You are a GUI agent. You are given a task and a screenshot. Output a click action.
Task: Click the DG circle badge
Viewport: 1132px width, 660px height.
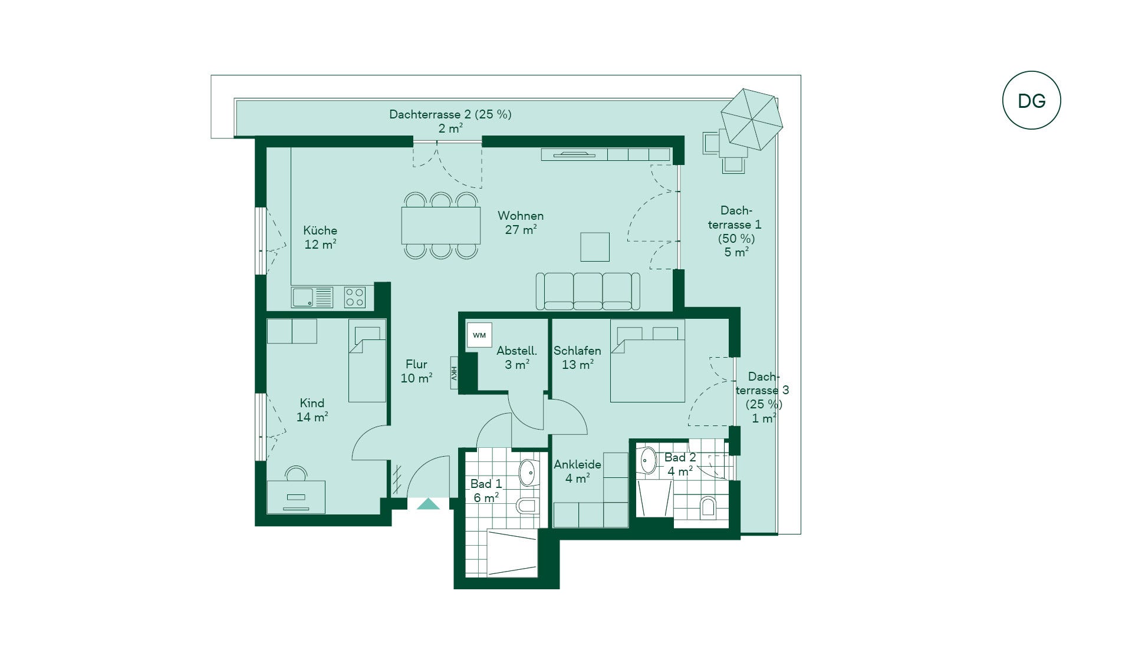click(x=1031, y=100)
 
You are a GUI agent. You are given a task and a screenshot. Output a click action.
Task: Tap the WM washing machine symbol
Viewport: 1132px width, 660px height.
click(x=479, y=335)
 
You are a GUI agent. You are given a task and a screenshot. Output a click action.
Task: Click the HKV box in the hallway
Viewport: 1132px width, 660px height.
click(x=454, y=373)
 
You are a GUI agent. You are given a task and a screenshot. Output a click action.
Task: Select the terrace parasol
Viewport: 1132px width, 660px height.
click(x=752, y=119)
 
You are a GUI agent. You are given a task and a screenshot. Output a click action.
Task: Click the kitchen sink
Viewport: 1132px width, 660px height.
click(x=312, y=297)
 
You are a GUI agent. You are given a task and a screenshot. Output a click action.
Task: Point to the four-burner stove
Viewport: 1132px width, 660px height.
click(x=355, y=297)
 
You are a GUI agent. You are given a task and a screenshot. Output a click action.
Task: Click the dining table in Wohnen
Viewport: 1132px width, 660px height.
click(x=441, y=225)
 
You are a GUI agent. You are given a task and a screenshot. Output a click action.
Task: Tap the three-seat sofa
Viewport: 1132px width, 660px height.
click(x=588, y=291)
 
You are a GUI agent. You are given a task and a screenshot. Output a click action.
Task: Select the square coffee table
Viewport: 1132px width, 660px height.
click(x=595, y=247)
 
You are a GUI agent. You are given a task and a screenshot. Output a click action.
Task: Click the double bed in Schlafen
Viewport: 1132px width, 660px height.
click(x=647, y=361)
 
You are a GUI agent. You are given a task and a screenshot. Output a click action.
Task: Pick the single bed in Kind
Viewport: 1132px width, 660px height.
click(x=367, y=361)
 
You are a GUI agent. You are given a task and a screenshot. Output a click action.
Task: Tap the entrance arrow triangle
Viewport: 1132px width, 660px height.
click(x=429, y=504)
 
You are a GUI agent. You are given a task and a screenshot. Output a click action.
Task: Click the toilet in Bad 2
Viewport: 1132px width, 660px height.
click(x=708, y=507)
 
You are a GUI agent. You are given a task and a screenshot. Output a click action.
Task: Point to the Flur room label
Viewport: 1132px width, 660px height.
click(x=416, y=371)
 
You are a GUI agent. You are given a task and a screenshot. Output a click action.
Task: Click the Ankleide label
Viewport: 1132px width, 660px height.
click(x=577, y=471)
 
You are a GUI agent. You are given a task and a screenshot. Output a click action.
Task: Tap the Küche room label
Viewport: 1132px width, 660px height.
click(x=320, y=237)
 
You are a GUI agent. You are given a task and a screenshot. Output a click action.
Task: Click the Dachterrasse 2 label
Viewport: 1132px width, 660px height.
click(x=450, y=121)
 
